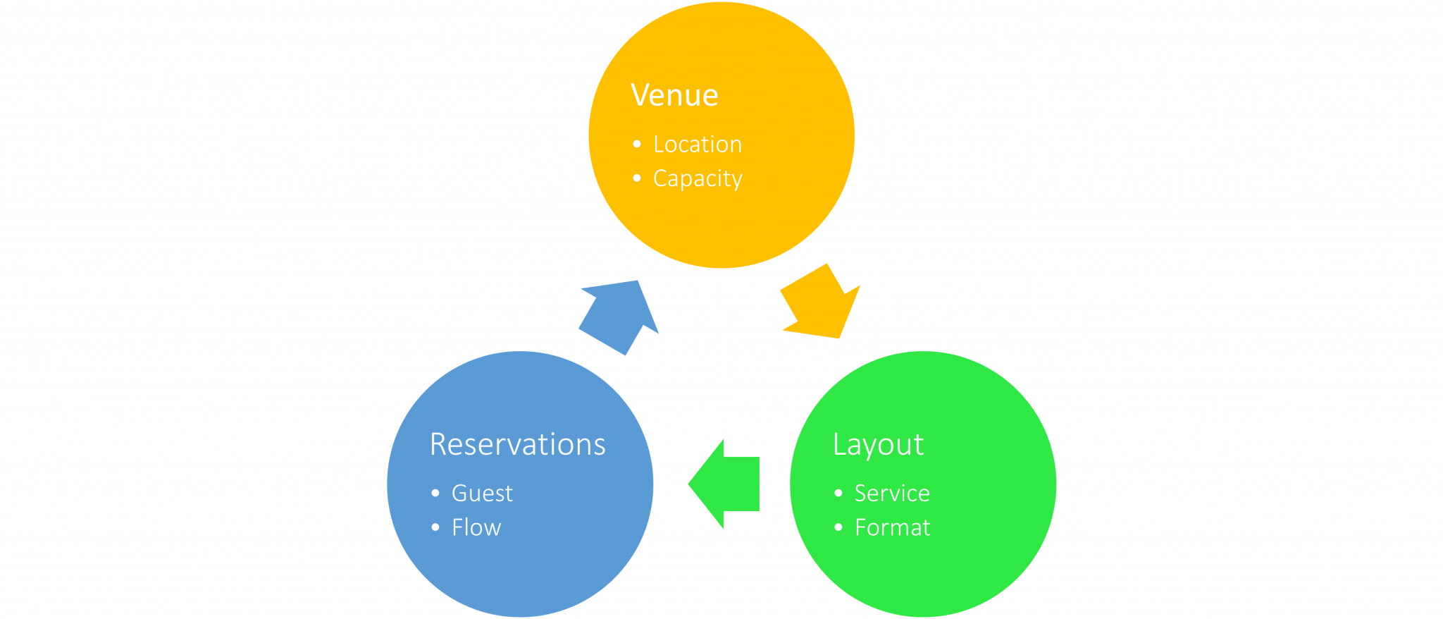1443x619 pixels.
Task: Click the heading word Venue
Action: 674,95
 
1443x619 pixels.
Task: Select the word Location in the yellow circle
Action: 697,145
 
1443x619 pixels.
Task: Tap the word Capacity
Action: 697,179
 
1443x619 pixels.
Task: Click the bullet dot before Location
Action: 637,145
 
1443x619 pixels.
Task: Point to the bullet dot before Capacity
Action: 637,178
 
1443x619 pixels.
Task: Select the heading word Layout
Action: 877,445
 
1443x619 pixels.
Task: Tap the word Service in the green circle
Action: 891,494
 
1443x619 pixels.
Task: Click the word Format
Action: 891,528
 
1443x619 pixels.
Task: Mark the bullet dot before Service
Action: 838,494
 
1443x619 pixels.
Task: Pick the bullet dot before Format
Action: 838,527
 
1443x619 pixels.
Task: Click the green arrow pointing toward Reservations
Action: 726,484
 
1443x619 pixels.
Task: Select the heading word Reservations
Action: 517,445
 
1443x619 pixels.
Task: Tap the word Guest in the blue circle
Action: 482,494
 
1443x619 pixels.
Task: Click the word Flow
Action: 476,528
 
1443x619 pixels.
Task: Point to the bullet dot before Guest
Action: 435,494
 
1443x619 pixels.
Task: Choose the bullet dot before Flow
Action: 435,527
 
